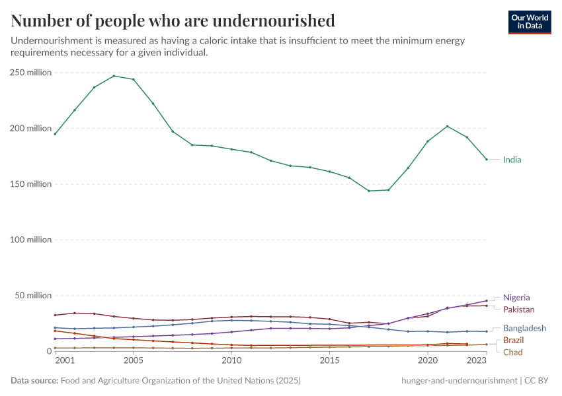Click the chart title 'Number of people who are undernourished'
pos(173,20)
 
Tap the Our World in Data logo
pos(529,22)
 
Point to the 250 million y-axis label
pos(30,73)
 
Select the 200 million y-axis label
pos(30,128)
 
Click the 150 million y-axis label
pos(30,184)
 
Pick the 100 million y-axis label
pos(30,240)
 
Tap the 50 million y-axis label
pos(32,295)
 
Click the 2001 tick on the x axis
pos(65,361)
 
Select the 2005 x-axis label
pos(133,361)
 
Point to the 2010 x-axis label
pos(231,361)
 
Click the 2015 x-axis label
pos(329,361)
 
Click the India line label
pos(512,160)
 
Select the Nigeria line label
pos(516,298)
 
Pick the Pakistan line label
pos(518,310)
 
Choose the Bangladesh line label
pos(524,328)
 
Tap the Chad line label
pos(512,352)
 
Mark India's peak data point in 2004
pos(114,76)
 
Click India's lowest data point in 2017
pos(369,191)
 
